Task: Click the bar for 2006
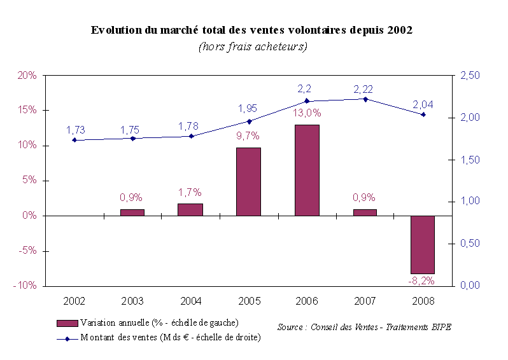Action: click(307, 170)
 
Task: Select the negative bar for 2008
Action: click(423, 244)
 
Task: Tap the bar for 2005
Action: click(248, 181)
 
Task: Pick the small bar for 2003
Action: click(132, 212)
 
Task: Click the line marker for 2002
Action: click(74, 140)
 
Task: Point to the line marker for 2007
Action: click(365, 99)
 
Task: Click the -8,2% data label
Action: click(423, 280)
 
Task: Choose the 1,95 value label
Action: click(249, 108)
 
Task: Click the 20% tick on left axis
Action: click(27, 76)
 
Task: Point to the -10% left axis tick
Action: click(25, 286)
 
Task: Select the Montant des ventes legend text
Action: click(170, 337)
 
